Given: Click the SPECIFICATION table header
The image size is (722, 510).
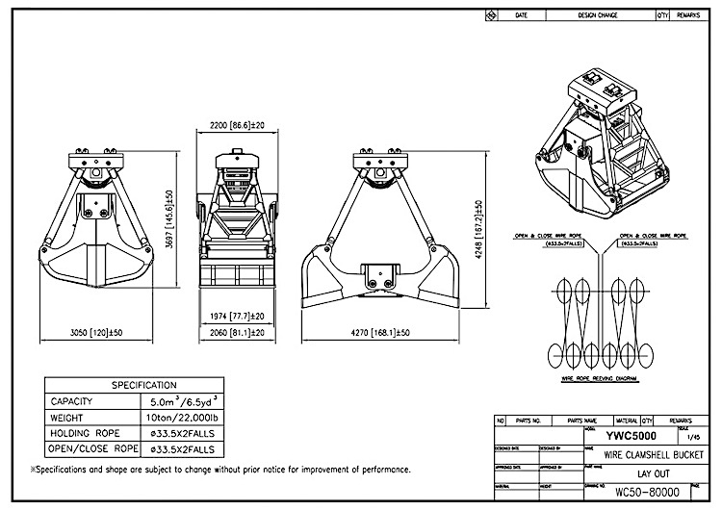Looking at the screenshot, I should click(144, 385).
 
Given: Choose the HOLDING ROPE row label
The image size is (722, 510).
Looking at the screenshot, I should click(86, 433).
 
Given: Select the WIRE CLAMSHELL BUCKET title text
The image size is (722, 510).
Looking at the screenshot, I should click(638, 453).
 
